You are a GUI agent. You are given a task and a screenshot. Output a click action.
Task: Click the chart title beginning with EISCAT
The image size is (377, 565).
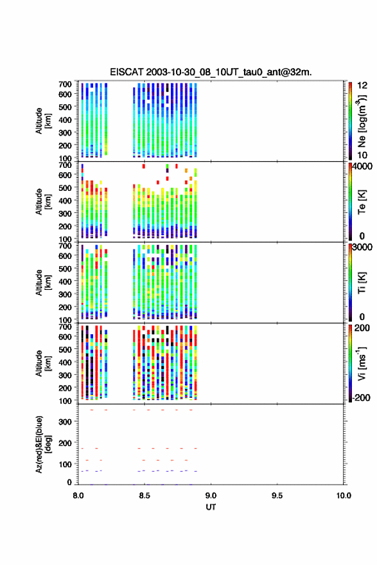211,72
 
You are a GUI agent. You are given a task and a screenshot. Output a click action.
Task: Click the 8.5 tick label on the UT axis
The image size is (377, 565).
145,496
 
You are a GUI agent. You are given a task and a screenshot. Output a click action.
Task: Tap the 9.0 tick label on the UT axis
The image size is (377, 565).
211,496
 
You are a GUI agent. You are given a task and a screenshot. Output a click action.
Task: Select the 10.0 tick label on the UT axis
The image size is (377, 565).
344,496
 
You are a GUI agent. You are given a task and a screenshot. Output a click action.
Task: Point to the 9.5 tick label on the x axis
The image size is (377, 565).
277,496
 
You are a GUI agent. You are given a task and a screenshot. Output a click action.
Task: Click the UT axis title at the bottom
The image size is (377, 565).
211,507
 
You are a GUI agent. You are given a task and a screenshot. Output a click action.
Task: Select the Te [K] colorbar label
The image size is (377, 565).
362,202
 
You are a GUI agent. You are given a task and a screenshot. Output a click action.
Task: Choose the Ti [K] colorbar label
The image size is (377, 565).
362,283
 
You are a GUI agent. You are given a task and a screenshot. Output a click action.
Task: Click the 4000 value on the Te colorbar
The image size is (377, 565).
362,166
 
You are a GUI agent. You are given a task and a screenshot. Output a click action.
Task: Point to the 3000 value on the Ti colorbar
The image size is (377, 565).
362,247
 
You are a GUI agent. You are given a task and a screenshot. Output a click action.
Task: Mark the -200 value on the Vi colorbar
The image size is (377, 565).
361,397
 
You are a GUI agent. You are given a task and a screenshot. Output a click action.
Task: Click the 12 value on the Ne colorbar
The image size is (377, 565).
362,85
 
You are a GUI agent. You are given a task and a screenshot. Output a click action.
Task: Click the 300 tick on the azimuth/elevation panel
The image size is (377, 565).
65,422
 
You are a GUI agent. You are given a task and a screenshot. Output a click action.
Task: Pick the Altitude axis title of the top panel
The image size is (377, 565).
43,121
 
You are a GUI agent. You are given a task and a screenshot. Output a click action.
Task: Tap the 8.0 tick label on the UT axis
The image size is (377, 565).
78,496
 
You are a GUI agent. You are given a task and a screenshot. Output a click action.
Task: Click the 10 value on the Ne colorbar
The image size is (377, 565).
362,156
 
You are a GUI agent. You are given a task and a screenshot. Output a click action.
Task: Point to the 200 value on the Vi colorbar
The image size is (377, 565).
362,328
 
